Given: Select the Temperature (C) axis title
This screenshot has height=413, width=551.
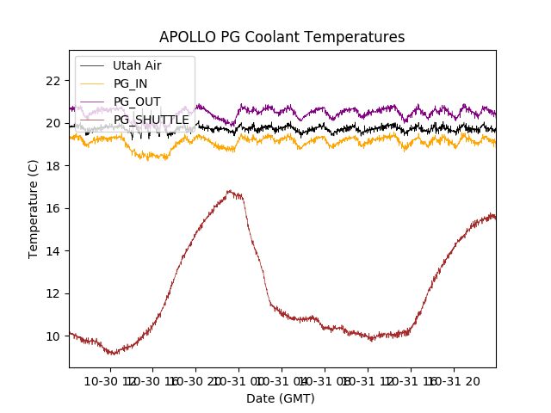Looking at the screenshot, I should click(x=34, y=209).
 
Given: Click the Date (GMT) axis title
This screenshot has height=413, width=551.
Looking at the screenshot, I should click(x=281, y=398).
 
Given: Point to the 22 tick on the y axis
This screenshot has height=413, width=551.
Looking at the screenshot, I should click(x=53, y=81).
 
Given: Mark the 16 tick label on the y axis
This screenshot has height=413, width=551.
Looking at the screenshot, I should click(x=53, y=208).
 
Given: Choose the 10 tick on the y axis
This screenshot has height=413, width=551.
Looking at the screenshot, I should click(x=53, y=336).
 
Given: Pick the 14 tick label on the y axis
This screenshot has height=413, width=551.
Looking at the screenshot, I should click(x=53, y=250).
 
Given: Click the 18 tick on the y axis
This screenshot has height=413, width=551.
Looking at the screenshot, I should click(x=53, y=166).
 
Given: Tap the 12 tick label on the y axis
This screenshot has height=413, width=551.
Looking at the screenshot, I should click(x=53, y=293).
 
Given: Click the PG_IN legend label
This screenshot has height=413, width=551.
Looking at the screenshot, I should click(x=131, y=83).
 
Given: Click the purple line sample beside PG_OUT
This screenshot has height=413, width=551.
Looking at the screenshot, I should click(x=92, y=102).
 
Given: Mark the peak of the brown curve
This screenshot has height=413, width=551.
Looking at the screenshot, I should click(x=229, y=191).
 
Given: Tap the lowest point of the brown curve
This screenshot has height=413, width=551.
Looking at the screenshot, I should click(x=112, y=354).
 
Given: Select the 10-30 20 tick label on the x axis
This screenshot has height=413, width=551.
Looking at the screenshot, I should click(x=196, y=381).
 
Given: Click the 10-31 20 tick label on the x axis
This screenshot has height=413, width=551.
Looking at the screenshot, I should click(x=454, y=381).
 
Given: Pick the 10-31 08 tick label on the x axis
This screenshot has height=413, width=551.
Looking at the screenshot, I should click(x=325, y=381).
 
